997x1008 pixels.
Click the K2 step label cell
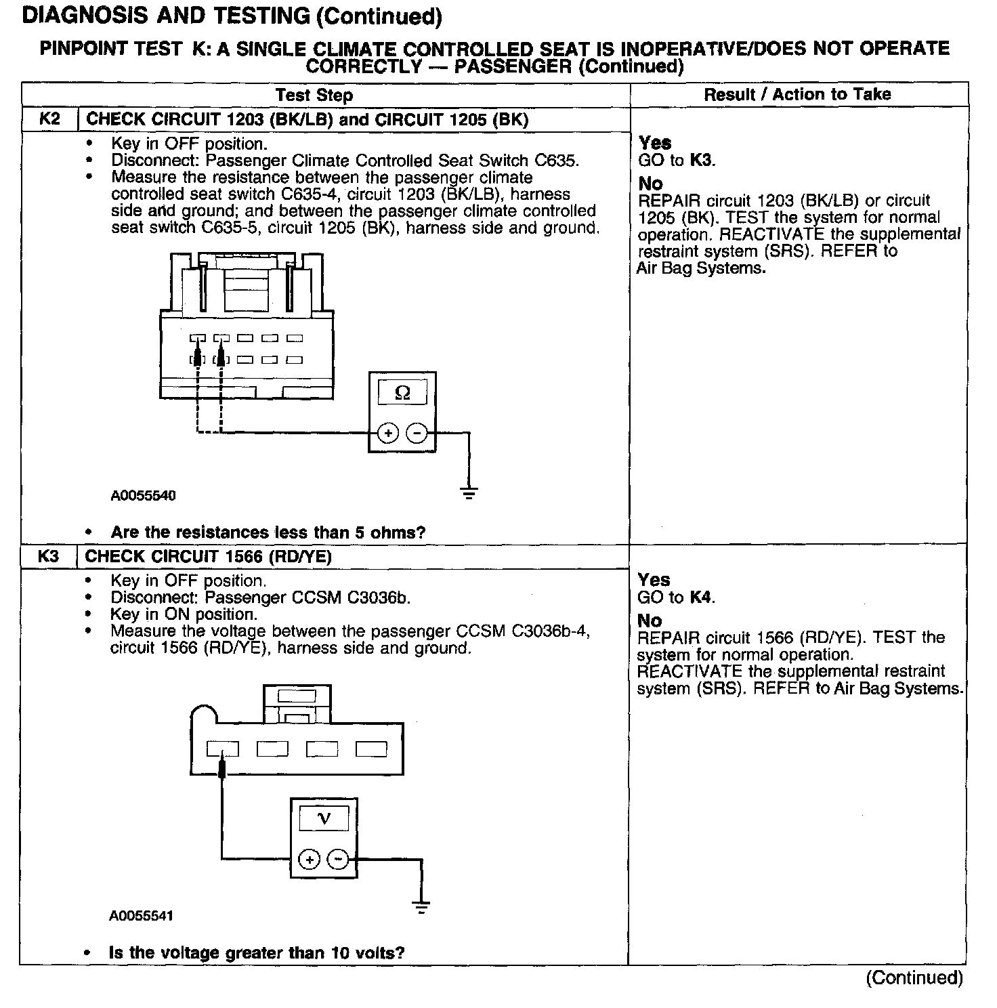pos(49,119)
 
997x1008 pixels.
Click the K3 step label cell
pos(48,556)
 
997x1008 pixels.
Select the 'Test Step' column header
pos(314,95)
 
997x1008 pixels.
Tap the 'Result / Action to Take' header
pos(797,94)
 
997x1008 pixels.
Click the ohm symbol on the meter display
pos(402,393)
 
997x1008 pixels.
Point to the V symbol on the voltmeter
pos(324,819)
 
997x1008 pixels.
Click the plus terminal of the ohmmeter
pos(387,433)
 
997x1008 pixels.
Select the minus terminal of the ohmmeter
pos(417,433)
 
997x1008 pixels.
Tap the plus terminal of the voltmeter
pos(310,860)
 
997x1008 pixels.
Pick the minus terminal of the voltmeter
pos(338,860)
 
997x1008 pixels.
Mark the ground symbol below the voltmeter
pos(421,908)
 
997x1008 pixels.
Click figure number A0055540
pos(143,495)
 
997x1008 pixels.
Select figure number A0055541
pos(142,916)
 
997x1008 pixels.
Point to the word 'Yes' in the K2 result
pos(655,142)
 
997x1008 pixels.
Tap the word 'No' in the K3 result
pos(650,620)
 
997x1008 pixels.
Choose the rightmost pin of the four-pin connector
pos(371,749)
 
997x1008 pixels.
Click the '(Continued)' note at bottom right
pos(914,978)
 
